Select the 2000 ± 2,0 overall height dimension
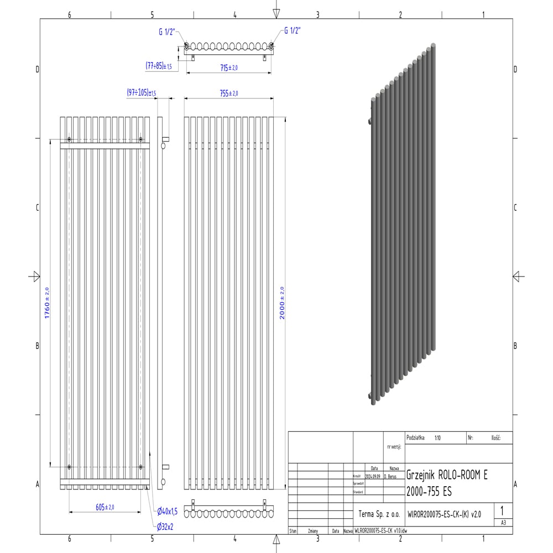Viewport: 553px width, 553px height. click(282, 303)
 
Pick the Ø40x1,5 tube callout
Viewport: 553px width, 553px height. click(167, 511)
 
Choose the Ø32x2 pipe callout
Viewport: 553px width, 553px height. click(165, 527)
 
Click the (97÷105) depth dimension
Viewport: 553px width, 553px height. click(141, 93)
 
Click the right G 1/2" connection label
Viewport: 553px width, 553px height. click(292, 31)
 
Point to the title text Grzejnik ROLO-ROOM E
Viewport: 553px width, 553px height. click(447, 474)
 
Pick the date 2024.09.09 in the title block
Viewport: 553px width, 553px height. click(373, 476)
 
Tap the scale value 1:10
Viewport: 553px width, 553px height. click(438, 437)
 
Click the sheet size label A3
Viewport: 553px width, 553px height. click(503, 521)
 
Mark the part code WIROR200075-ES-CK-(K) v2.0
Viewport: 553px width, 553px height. click(444, 514)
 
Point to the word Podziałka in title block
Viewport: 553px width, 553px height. click(416, 437)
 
